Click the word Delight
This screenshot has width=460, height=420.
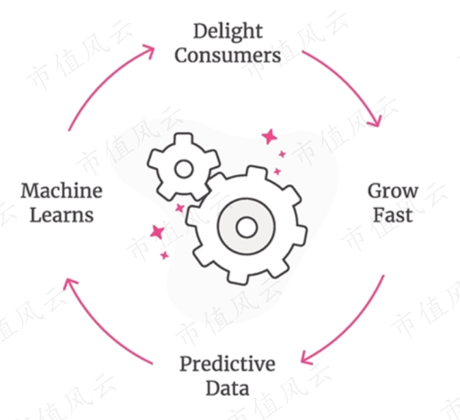tap(228, 31)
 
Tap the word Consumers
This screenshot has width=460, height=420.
tap(228, 55)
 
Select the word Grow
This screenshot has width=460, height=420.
tap(393, 191)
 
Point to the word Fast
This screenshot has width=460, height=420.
tap(393, 215)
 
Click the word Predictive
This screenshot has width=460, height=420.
tap(228, 364)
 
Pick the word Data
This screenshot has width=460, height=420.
tap(228, 388)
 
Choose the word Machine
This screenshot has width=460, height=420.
tap(62, 190)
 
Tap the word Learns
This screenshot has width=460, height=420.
tap(62, 215)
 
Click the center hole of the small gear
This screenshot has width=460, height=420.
tap(183, 168)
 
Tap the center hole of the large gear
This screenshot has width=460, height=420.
tap(247, 226)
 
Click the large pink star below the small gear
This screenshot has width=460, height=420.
tap(157, 231)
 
